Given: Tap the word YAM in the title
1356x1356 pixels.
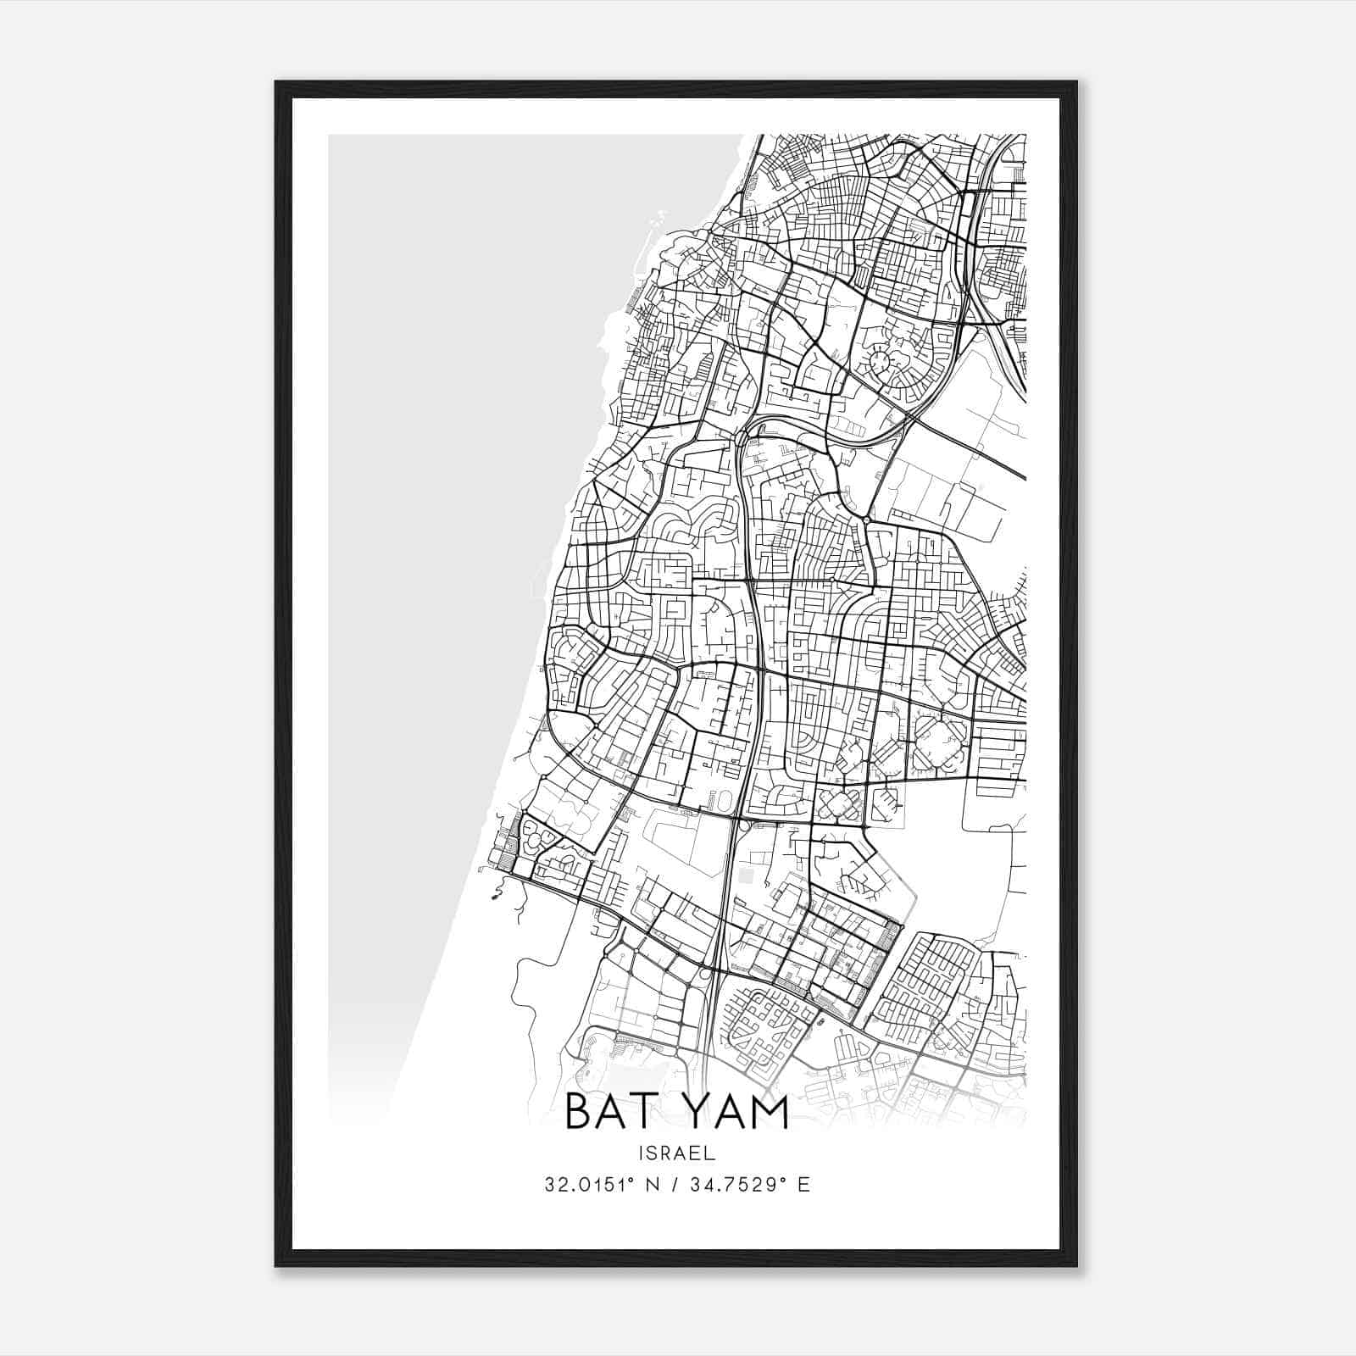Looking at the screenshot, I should [x=738, y=1112].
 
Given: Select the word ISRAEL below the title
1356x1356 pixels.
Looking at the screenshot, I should [x=678, y=1153].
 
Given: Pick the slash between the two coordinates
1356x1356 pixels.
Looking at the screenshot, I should [x=675, y=1184].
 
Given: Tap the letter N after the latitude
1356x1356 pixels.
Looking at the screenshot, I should [x=651, y=1184].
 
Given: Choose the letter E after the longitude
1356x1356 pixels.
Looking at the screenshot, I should [x=803, y=1184].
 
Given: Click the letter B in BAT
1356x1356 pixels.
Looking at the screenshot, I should [x=578, y=1112].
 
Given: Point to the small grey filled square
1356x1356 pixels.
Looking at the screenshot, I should [x=745, y=873].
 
